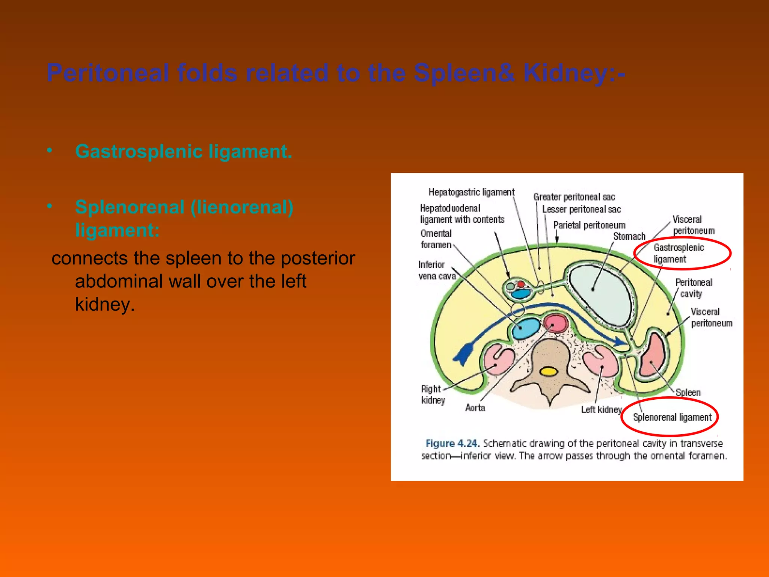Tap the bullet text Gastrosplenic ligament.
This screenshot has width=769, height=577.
pos(184,152)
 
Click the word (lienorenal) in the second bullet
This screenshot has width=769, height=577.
pos(242,207)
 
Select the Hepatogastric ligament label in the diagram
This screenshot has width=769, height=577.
pos(471,192)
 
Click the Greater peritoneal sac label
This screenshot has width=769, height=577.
pos(574,197)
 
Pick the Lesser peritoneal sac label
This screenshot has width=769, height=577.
pos(581,209)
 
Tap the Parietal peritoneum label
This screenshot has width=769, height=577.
pos(589,225)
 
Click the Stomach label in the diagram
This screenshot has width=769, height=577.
pos(629,236)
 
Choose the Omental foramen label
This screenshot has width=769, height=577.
pos(436,239)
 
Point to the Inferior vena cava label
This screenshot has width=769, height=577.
pos(437,270)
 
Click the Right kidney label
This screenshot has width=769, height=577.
pos(433,394)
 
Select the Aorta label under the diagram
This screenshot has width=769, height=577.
pos(475,408)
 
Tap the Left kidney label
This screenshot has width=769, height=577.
pos(602,409)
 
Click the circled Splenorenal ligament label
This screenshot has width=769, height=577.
pos(672,417)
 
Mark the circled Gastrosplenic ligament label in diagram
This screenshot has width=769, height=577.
pos(679,254)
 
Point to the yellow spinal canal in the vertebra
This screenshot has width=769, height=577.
pos(549,372)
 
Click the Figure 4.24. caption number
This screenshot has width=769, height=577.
pos(452,444)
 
